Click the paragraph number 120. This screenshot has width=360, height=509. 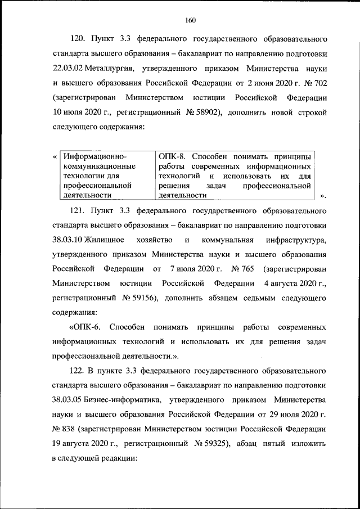pyautogui.click(x=78, y=40)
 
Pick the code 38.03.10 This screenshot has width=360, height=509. pyautogui.click(x=67, y=241)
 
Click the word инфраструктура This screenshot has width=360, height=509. pyautogui.click(x=296, y=241)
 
